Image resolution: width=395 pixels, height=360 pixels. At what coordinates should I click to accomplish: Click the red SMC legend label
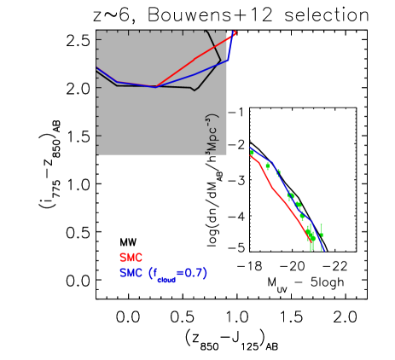coord(131,258)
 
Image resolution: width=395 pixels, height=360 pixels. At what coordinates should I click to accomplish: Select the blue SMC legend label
coord(131,273)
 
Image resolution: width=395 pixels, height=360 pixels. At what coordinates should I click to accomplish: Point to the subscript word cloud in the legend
coord(166,278)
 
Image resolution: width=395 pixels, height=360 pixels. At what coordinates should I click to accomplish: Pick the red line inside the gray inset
coord(196,58)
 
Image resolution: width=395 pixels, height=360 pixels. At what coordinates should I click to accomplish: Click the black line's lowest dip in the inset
coord(195,90)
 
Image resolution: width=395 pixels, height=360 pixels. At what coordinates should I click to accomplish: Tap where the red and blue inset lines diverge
coord(156,86)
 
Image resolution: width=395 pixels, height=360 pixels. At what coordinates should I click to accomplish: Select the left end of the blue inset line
coord(96,67)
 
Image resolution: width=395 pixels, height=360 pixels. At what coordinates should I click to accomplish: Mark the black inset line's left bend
coord(117,85)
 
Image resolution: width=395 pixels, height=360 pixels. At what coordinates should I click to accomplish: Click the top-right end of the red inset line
coord(235,32)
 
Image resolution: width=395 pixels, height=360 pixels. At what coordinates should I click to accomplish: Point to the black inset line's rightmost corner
coord(220,61)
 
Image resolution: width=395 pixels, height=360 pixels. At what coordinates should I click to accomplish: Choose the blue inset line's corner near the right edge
coord(228,60)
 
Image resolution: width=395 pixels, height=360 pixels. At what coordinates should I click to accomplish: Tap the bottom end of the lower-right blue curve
coord(323,250)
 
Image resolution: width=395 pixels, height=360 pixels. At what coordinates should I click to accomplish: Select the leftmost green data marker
coord(252,153)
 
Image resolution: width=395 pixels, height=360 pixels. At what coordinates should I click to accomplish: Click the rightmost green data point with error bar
coord(321,230)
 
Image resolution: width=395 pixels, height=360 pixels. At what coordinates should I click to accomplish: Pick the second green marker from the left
coord(267,165)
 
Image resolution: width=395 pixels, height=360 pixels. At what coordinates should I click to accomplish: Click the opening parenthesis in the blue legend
coord(151,273)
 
